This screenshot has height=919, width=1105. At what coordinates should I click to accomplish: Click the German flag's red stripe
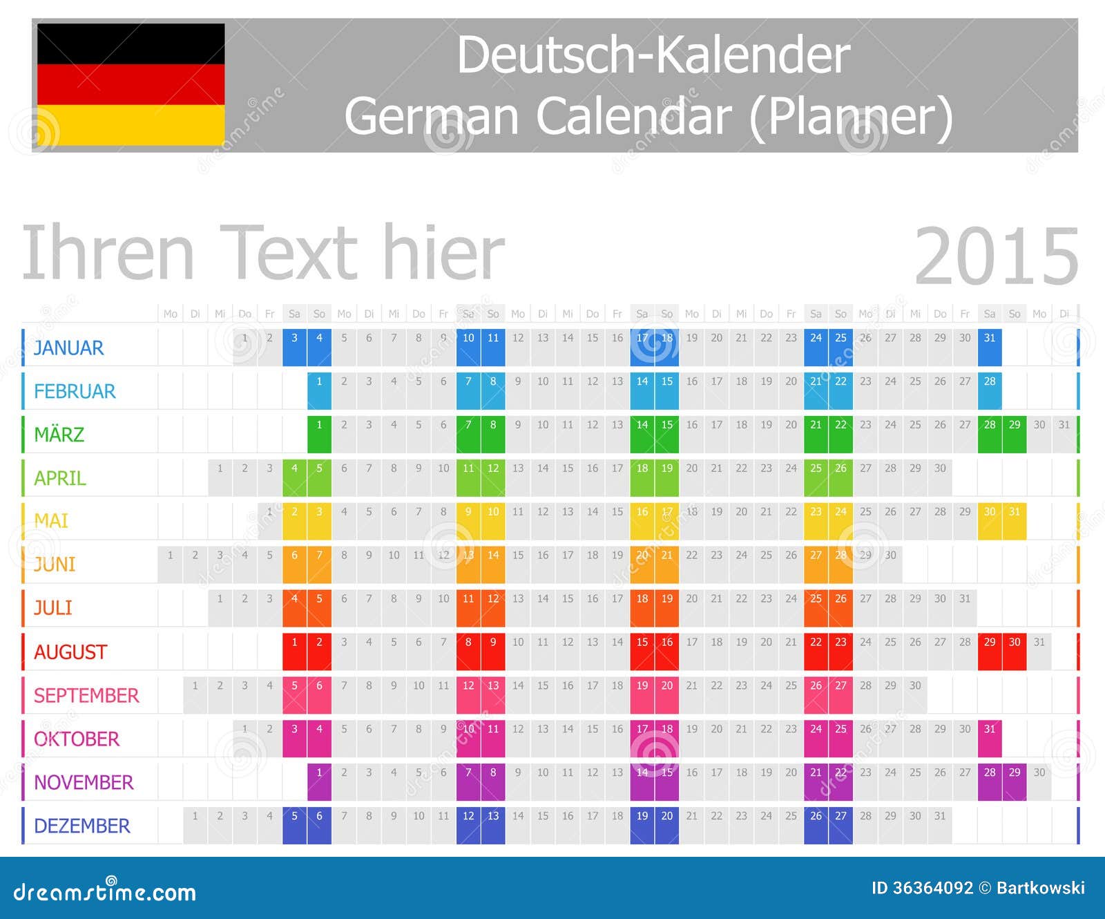(131, 84)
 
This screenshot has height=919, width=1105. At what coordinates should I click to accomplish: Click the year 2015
(996, 256)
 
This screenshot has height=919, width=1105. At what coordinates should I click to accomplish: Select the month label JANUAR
(68, 348)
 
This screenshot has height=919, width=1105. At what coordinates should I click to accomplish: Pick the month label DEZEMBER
(81, 826)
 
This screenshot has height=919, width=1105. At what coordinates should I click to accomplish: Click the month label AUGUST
(70, 652)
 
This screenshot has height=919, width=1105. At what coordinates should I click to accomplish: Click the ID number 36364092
(932, 888)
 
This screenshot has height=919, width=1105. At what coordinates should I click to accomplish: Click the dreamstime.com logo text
(104, 891)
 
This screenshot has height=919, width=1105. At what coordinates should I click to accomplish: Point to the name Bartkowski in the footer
(1040, 888)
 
